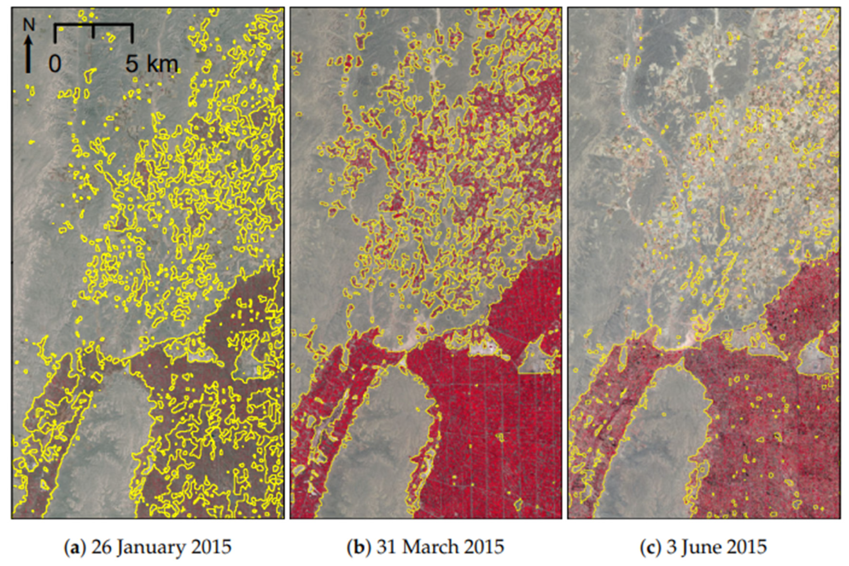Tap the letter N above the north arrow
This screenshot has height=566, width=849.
29,25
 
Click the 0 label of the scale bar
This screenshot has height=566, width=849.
55,64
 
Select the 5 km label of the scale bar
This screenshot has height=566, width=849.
152,64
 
